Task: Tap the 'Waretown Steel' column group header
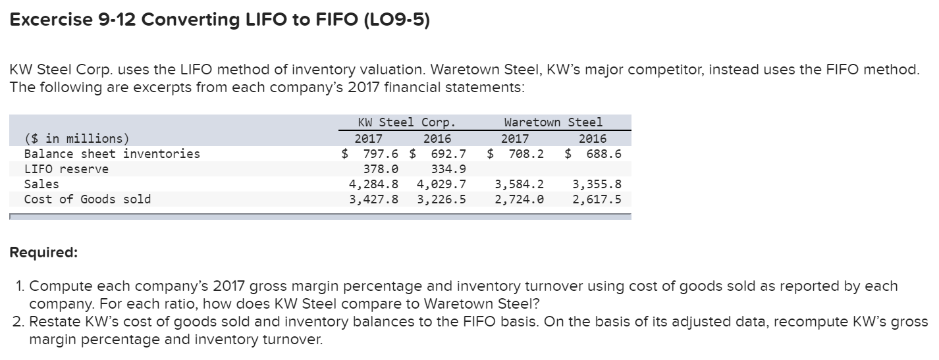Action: click(552, 122)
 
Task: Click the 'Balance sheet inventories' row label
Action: click(112, 154)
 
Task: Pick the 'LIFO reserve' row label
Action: click(67, 169)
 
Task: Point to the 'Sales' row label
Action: click(41, 184)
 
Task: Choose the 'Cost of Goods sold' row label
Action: click(88, 199)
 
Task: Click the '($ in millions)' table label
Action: click(77, 139)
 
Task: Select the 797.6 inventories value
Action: click(380, 154)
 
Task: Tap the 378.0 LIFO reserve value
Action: click(380, 169)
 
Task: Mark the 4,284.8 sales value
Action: click(373, 184)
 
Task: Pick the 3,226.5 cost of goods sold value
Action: click(441, 199)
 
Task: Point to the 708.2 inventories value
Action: click(525, 154)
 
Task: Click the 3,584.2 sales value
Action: click(519, 184)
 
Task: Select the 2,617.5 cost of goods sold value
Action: click(597, 199)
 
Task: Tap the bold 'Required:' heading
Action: click(43, 253)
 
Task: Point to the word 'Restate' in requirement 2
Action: click(53, 322)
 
